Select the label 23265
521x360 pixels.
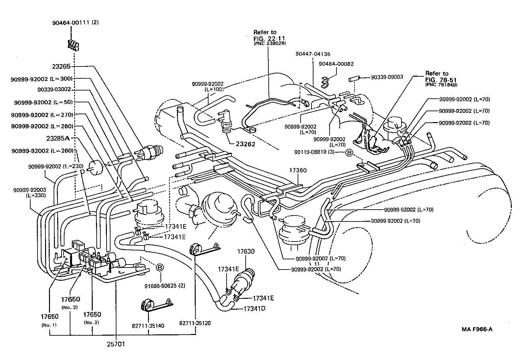click(61, 66)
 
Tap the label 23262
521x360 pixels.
click(246, 144)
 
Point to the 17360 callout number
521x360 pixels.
click(298, 170)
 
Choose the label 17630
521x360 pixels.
click(246, 251)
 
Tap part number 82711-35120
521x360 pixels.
click(195, 323)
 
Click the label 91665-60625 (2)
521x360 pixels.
click(165, 286)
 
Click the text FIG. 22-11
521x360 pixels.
click(269, 38)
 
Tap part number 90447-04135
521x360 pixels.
click(312, 54)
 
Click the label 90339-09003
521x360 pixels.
click(387, 77)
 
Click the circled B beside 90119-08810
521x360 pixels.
click(349, 152)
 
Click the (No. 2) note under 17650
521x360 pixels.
click(69, 307)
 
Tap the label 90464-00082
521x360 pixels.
click(336, 64)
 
